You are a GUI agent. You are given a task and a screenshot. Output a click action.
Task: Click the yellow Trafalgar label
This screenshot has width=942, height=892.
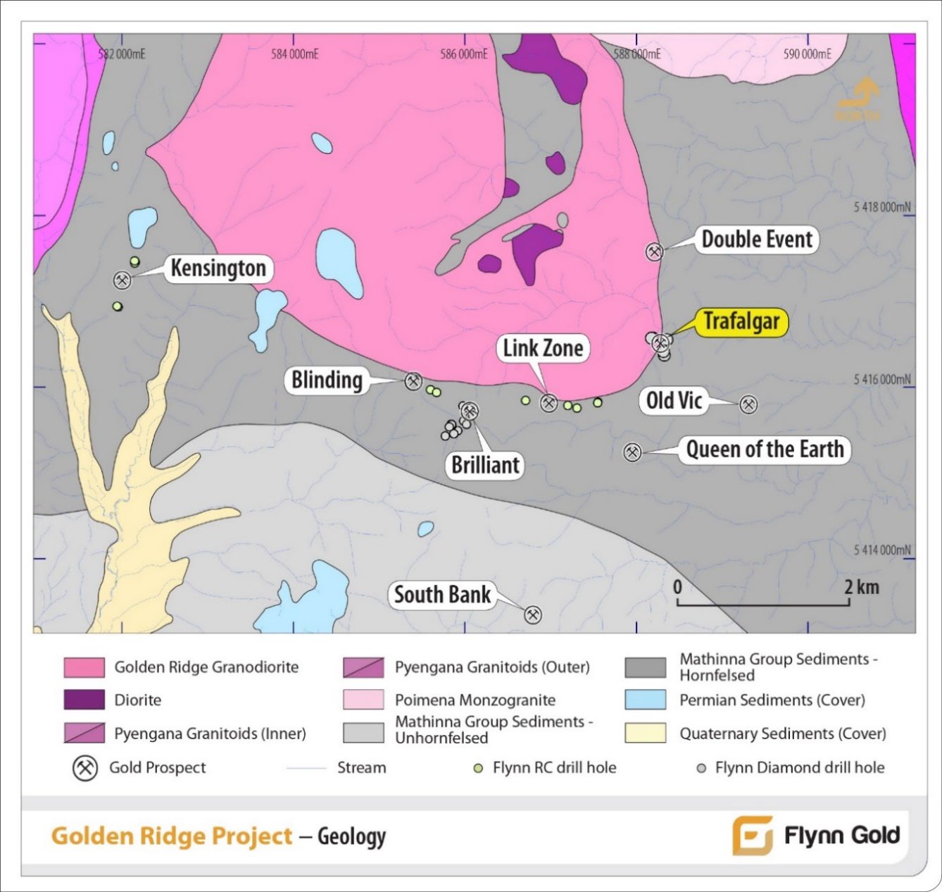click(741, 322)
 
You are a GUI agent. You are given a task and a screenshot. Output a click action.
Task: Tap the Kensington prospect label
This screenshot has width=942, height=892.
click(218, 268)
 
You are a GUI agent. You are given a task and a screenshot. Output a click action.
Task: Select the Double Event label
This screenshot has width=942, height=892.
click(757, 240)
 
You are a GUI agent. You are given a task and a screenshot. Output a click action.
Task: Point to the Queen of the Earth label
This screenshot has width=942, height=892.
click(765, 450)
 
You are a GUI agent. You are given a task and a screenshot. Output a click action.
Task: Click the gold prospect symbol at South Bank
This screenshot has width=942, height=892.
click(533, 615)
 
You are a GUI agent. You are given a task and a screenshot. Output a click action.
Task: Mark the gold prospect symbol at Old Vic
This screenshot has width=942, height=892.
click(748, 404)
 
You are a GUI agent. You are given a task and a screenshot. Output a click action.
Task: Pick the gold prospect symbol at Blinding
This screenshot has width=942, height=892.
click(413, 382)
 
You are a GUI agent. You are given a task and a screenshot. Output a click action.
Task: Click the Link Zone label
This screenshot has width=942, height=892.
click(543, 348)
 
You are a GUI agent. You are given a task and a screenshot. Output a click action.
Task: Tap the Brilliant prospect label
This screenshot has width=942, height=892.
click(485, 465)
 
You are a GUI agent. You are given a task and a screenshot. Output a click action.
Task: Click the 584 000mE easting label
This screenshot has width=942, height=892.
click(294, 54)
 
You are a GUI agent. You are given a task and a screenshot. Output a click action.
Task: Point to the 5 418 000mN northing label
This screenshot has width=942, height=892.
click(881, 207)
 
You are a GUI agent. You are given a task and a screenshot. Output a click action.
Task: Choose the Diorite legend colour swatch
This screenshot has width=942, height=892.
click(84, 700)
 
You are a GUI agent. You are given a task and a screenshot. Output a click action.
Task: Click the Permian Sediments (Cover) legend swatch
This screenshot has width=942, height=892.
click(645, 700)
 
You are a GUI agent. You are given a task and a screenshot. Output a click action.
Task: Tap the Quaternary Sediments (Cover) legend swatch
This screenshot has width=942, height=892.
click(645, 733)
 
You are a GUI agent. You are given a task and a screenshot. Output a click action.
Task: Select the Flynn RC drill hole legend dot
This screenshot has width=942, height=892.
click(479, 768)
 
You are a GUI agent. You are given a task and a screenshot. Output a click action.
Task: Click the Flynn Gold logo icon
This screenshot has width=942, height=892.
click(752, 836)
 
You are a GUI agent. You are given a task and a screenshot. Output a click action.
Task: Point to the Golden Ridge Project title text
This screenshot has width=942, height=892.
click(172, 836)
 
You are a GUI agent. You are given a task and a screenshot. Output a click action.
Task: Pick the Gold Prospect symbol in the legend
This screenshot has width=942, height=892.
click(86, 768)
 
